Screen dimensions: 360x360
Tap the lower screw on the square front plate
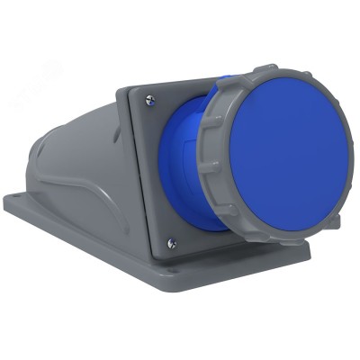[x=172, y=243]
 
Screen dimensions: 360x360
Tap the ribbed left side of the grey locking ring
[x=209, y=153]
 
